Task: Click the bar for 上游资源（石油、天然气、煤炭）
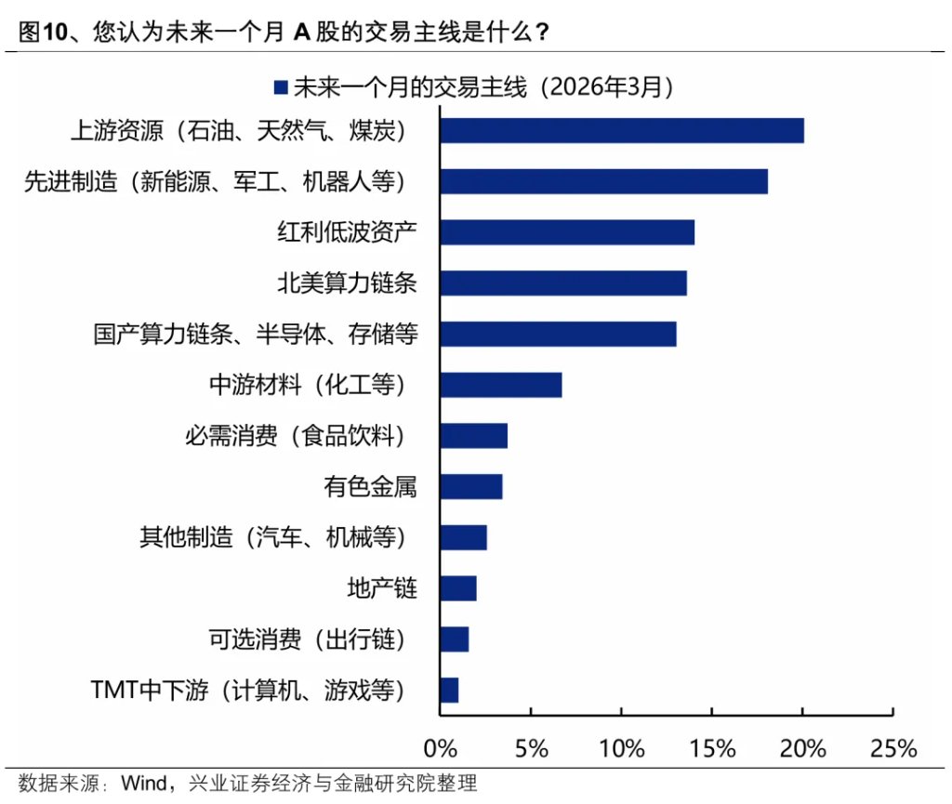point(621,130)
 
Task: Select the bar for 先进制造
point(603,181)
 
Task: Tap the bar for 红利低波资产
point(566,232)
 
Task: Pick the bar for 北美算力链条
point(562,283)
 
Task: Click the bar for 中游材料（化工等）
point(500,385)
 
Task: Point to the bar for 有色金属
point(470,486)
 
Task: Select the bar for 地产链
point(457,588)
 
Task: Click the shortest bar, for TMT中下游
point(449,690)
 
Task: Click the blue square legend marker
point(281,87)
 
